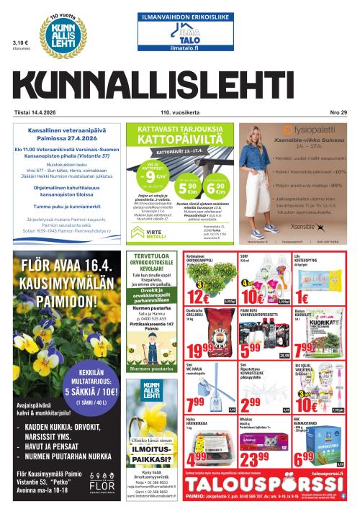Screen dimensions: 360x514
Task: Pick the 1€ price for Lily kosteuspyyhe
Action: [x=300, y=297]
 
